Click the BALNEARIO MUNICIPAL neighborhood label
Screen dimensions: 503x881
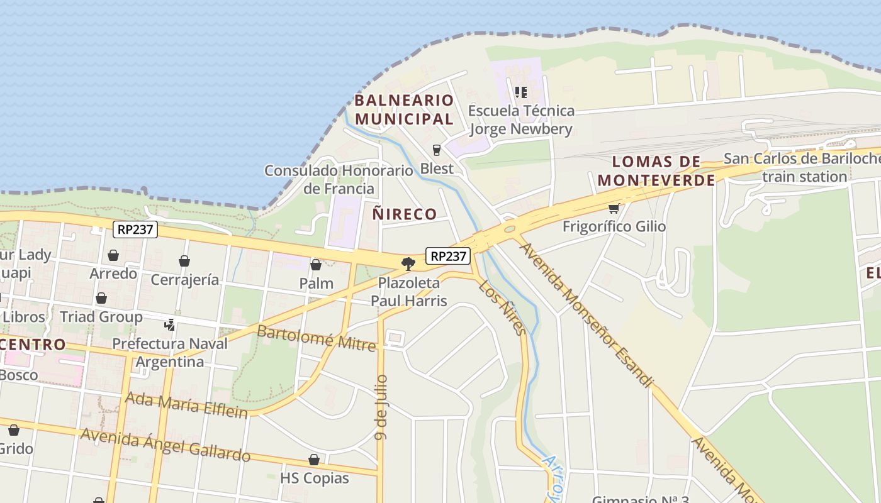coord(403,109)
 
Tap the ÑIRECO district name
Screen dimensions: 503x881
coord(404,214)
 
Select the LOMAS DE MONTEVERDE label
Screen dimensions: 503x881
coord(656,171)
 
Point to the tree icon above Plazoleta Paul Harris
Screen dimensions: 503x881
coord(408,263)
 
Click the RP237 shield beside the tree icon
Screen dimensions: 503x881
coord(448,256)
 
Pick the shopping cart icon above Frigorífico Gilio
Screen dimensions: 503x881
coord(614,208)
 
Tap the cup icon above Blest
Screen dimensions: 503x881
coord(437,150)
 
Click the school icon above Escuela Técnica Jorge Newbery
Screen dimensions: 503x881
coord(521,92)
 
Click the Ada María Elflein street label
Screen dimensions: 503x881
coord(186,403)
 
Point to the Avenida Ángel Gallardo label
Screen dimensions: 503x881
coord(165,445)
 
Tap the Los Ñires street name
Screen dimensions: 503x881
coord(502,307)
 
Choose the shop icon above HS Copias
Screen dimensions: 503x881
coord(314,460)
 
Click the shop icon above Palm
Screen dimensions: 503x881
coord(316,265)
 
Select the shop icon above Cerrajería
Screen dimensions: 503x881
coord(184,261)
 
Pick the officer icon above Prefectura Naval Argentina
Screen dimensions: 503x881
coord(169,325)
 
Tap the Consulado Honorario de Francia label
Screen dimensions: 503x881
coord(339,179)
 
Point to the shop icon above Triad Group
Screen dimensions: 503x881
coord(101,298)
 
